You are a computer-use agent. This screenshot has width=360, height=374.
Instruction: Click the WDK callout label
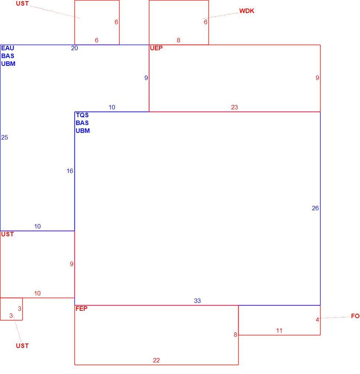click(x=247, y=11)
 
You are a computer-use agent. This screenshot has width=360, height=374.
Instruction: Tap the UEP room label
click(x=156, y=48)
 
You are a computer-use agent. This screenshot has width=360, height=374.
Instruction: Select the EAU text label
click(x=8, y=48)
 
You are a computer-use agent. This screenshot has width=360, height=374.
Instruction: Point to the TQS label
click(x=82, y=115)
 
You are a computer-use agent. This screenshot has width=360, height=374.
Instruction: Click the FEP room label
click(x=82, y=309)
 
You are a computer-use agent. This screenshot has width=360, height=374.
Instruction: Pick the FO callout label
click(x=355, y=316)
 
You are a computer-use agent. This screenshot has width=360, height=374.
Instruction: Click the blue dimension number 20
click(x=74, y=48)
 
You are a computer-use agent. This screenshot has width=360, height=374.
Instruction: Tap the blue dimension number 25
click(x=4, y=138)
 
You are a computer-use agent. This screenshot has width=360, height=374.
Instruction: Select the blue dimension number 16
click(x=70, y=171)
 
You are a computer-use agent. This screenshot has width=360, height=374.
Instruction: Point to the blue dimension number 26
click(x=315, y=208)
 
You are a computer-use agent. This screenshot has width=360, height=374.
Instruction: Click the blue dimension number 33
click(x=197, y=301)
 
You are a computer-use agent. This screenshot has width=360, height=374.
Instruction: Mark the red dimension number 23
click(x=235, y=107)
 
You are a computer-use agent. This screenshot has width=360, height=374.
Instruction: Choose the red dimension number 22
click(x=156, y=360)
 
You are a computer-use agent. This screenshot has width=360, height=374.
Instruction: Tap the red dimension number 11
click(x=279, y=330)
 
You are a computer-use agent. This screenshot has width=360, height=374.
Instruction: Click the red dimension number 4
click(x=317, y=320)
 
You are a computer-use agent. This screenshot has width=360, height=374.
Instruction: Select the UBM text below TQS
click(x=83, y=131)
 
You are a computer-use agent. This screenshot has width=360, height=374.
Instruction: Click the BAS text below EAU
click(x=8, y=56)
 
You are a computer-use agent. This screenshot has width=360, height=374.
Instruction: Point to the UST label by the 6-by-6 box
click(x=22, y=4)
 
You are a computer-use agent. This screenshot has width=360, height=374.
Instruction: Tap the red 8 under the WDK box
click(x=178, y=40)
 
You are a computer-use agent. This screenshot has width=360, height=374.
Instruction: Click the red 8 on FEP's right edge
click(x=235, y=335)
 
